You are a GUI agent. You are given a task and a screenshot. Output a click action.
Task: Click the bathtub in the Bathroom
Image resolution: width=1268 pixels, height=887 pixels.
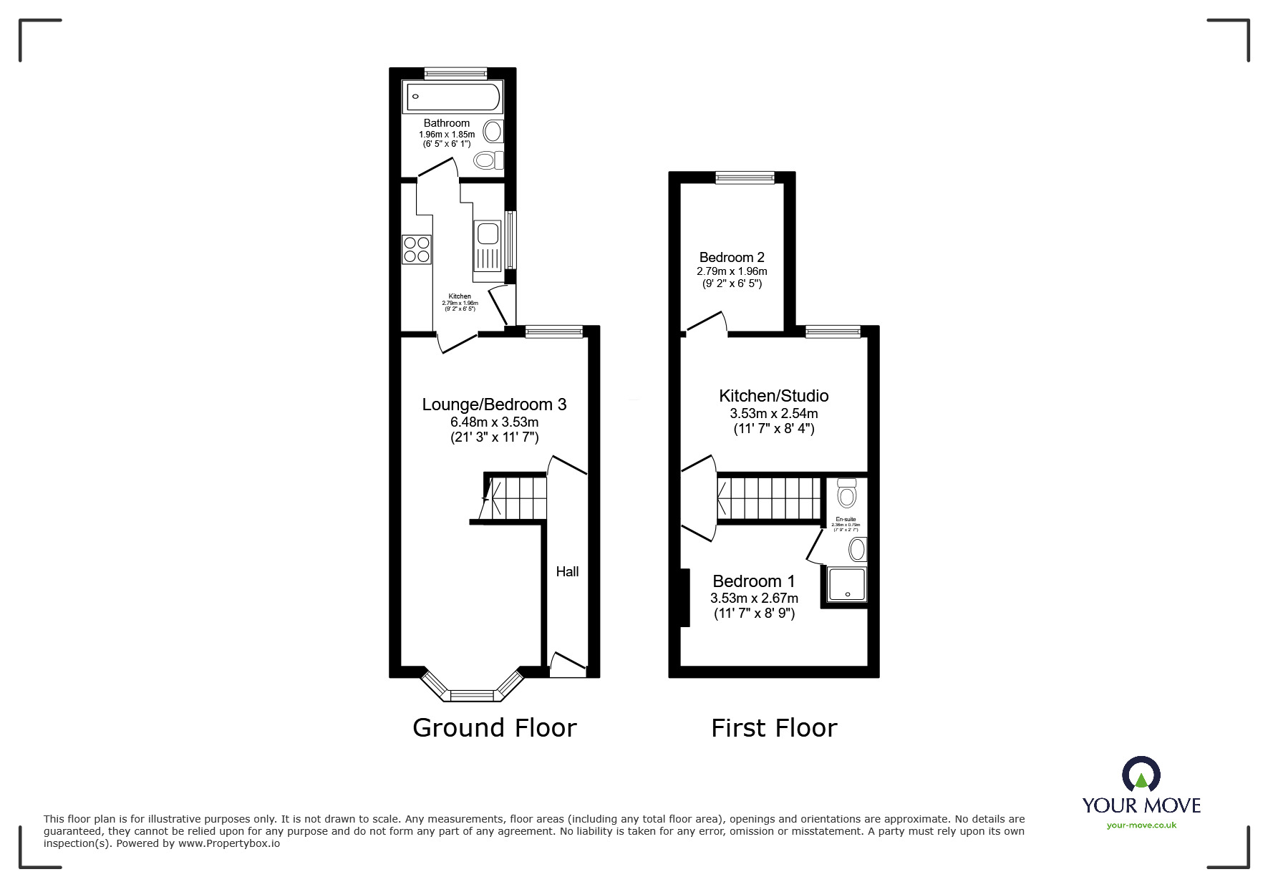pyautogui.click(x=452, y=97)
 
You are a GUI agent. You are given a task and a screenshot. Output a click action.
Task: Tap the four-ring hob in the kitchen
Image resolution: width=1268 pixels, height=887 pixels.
pyautogui.click(x=417, y=249)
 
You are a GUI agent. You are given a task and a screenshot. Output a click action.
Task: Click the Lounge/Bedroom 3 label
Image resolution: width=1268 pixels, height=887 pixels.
pyautogui.click(x=494, y=404)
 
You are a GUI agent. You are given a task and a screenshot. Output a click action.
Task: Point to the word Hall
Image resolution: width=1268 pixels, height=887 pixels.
pyautogui.click(x=567, y=571)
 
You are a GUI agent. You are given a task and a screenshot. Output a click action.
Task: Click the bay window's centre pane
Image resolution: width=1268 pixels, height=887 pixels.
pyautogui.click(x=471, y=695)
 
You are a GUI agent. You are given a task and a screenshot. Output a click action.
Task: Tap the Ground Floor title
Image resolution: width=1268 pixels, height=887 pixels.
pyautogui.click(x=494, y=728)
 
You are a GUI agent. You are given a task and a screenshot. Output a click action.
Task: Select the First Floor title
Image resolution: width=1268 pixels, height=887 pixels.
pyautogui.click(x=773, y=728)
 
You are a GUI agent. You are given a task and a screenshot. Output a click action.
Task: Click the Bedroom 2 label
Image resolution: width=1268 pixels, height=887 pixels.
pyautogui.click(x=732, y=257)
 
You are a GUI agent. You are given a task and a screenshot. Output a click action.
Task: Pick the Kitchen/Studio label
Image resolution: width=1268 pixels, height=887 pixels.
pyautogui.click(x=773, y=396)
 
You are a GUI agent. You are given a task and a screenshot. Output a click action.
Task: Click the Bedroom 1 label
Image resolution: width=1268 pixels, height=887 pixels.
pyautogui.click(x=753, y=581)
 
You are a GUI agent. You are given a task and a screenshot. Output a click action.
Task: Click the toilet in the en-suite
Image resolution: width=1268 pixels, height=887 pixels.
pyautogui.click(x=847, y=493)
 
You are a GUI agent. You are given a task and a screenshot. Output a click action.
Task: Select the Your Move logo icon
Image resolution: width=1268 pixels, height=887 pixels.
pyautogui.click(x=1141, y=775)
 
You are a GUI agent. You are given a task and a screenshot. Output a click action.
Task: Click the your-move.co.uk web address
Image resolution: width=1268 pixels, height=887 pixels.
pyautogui.click(x=1141, y=825)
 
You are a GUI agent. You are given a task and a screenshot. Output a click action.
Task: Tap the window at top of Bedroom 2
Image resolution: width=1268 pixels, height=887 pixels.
pyautogui.click(x=745, y=178)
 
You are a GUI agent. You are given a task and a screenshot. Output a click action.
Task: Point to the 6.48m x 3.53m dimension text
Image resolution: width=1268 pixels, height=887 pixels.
pyautogui.click(x=494, y=422)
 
